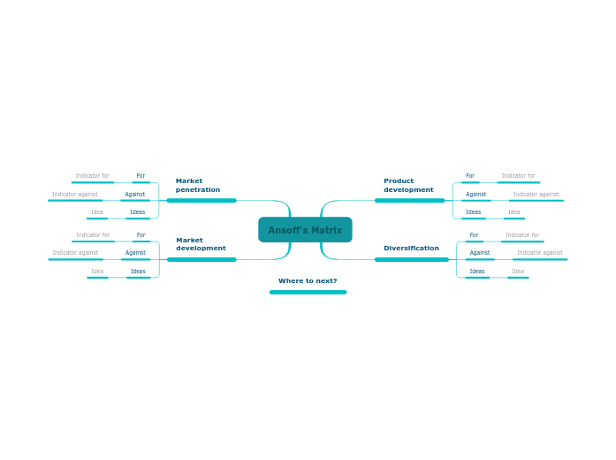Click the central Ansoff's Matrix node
pos(305,230)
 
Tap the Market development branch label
pos(201,244)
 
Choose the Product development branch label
pos(408,186)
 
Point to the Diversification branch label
pos(411,249)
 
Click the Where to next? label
pos(308,281)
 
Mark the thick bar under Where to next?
pos(308,292)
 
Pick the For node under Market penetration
pos(141,176)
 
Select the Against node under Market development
pos(135,253)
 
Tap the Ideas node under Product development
pos(474,212)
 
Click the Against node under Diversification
pos(480,253)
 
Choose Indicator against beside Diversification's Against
pos(539,253)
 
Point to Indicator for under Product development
pos(518,176)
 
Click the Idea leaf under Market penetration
pos(96,212)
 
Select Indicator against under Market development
pos(75,253)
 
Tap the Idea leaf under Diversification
pos(518,272)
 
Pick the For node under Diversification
pos(474,235)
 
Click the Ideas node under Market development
pos(138,272)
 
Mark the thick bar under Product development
pos(409,201)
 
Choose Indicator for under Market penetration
pos(92,176)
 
